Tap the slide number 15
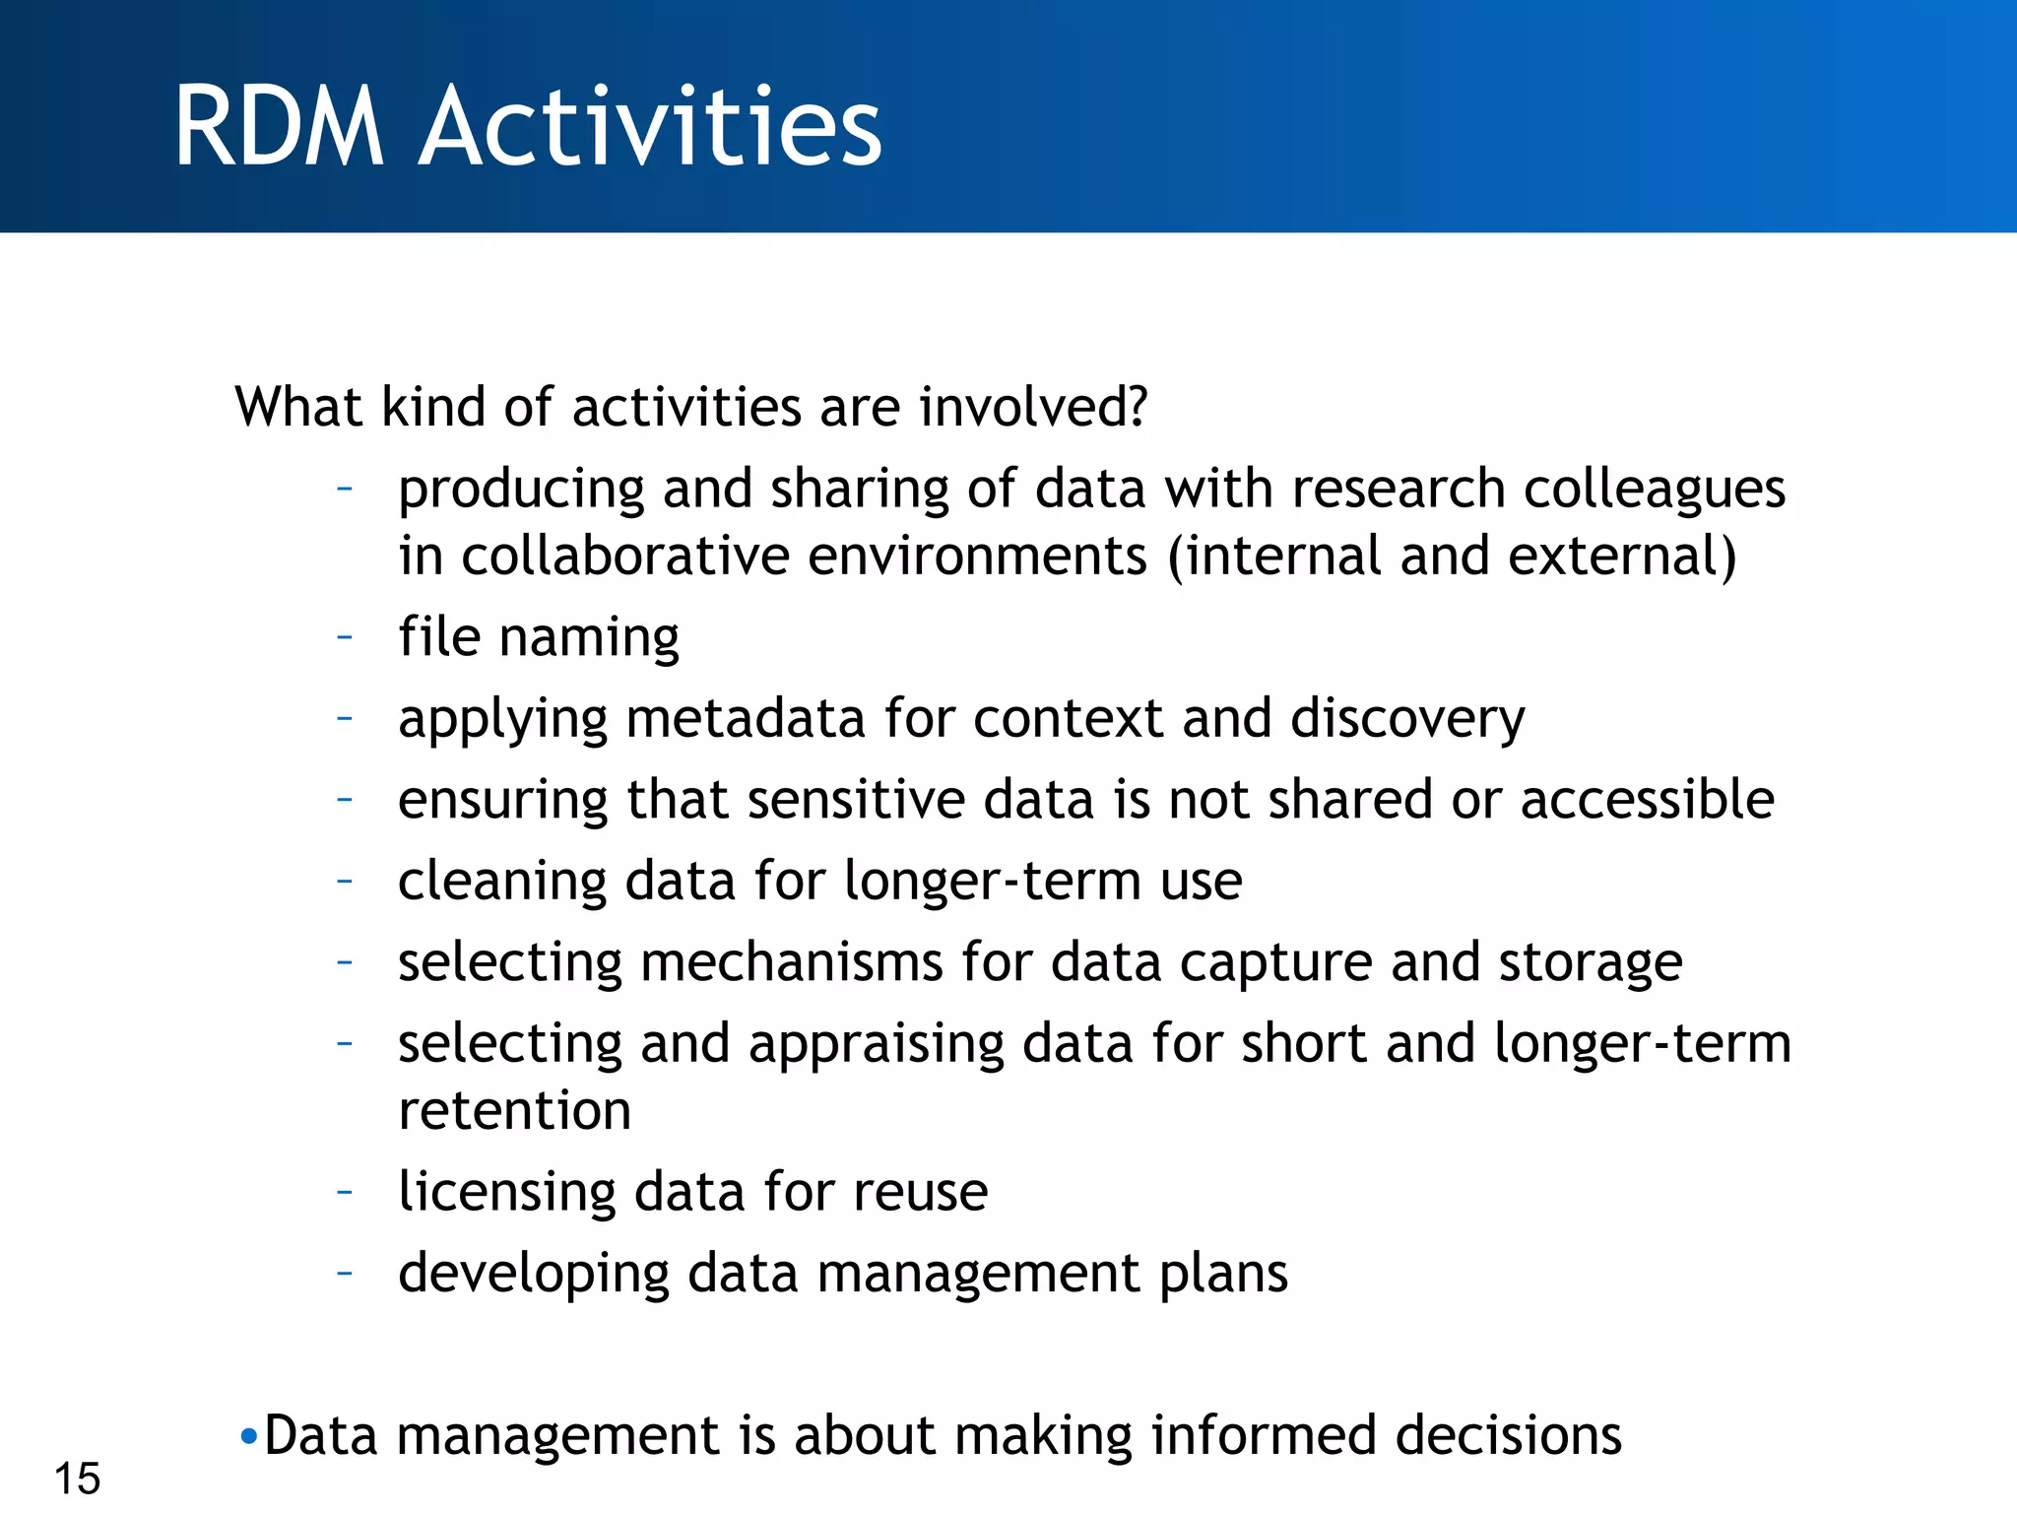pos(77,1479)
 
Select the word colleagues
pos(1655,490)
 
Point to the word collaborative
pos(625,557)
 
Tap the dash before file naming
pos(344,636)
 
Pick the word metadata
pos(745,718)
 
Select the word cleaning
pos(501,882)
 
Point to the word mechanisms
pos(791,962)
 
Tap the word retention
pos(514,1111)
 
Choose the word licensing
pos(506,1193)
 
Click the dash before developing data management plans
pos(344,1273)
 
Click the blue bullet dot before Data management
pos(248,1437)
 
